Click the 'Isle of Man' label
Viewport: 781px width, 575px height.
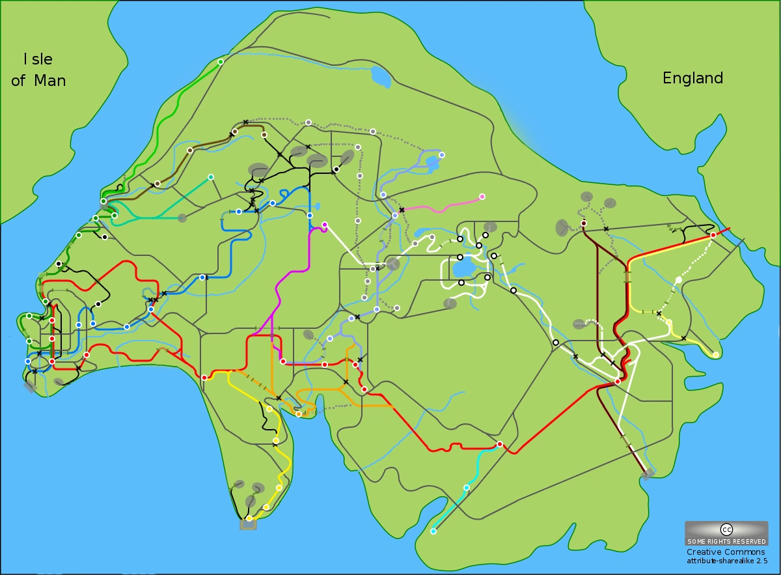(x=38, y=70)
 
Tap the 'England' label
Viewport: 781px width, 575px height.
(x=692, y=78)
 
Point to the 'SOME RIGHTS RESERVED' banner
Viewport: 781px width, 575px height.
(x=726, y=541)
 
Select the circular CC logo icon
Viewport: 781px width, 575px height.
(x=726, y=529)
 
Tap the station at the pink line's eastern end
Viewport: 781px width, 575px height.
(x=482, y=197)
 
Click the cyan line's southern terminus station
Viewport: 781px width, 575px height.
(x=433, y=531)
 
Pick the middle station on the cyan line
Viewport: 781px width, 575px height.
(x=466, y=487)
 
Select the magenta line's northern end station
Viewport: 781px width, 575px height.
(x=324, y=225)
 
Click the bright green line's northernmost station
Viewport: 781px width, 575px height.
(x=220, y=62)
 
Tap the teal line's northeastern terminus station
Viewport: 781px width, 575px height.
(x=210, y=177)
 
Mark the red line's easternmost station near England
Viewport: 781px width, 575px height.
(x=713, y=235)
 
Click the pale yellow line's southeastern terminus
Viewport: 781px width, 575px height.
(x=715, y=355)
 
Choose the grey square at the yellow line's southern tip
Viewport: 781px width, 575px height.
(x=248, y=524)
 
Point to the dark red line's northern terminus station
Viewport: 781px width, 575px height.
(x=583, y=223)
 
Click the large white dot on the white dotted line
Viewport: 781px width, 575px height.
(x=678, y=280)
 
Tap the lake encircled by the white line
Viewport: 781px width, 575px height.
(x=464, y=267)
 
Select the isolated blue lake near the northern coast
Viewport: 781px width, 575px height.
(x=380, y=77)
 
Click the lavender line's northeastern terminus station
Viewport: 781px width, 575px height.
(x=441, y=155)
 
